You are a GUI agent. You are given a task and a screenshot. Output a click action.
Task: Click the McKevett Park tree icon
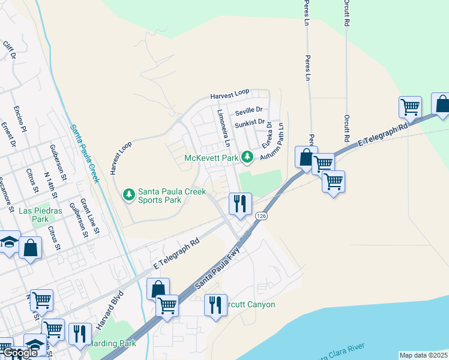pos(247,157)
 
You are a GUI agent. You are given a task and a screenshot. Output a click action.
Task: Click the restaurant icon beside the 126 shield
pos(240,203)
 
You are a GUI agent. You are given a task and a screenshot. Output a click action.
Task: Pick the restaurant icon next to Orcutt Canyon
pos(215,305)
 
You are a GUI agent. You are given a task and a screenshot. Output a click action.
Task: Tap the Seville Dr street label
pos(249,110)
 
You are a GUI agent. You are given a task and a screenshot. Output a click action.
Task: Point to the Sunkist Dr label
pos(249,124)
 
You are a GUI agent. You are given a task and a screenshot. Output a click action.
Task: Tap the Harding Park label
pos(112,343)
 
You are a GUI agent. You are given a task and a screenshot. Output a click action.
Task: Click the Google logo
pos(20,353)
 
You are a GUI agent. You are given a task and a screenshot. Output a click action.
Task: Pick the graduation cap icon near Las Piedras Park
pos(8,242)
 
